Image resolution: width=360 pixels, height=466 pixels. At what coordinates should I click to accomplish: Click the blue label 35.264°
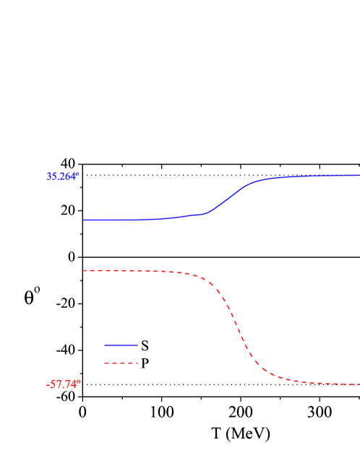63,176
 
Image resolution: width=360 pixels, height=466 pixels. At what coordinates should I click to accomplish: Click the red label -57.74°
63,384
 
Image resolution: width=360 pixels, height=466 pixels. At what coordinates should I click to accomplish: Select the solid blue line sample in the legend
121,345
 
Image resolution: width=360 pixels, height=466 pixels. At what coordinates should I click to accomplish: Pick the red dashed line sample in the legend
121,363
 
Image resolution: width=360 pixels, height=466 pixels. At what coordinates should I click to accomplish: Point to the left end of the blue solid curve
84,220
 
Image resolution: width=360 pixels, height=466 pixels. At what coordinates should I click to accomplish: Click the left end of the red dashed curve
84,270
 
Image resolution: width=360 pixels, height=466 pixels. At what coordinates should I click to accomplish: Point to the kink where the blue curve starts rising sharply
207,213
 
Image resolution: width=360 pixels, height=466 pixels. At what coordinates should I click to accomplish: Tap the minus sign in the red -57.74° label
48,385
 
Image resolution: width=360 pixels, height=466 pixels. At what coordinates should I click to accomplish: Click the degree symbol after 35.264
78,174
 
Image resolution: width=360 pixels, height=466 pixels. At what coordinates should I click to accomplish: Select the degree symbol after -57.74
79,381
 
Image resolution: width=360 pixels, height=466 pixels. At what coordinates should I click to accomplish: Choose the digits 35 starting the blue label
51,176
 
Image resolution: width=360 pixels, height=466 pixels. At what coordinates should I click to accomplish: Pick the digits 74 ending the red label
72,384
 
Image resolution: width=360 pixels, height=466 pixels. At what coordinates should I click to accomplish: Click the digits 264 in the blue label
69,176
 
